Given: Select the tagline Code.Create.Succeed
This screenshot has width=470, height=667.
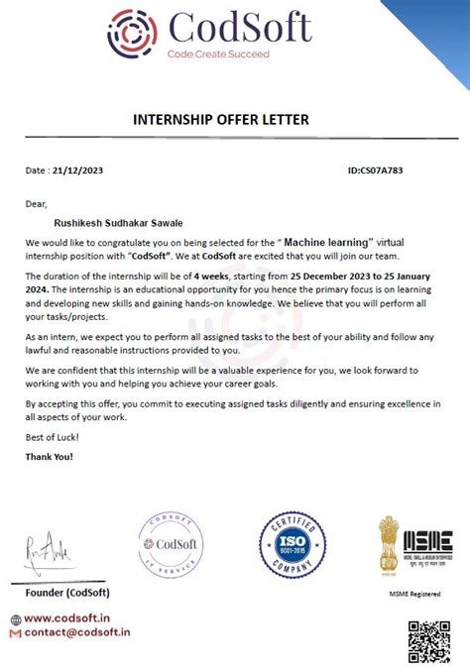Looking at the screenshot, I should tap(217, 54).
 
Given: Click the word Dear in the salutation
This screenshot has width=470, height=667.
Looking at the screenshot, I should tap(37, 204).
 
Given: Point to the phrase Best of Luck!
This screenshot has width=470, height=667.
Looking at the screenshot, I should tap(53, 437).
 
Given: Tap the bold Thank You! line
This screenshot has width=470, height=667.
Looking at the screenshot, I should tap(50, 457).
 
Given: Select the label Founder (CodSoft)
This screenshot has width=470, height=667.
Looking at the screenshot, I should tap(68, 592).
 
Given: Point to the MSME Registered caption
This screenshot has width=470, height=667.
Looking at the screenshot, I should tap(415, 594).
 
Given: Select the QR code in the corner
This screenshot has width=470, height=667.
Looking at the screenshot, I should tap(429, 639).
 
